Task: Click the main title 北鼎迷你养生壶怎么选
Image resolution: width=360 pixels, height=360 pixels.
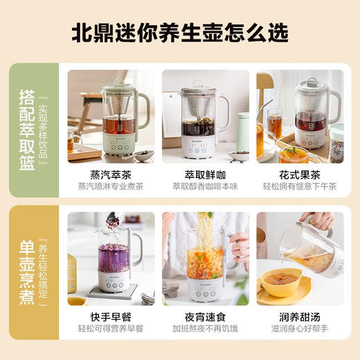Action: [180, 32]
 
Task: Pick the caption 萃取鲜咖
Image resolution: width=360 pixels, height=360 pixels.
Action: [205, 174]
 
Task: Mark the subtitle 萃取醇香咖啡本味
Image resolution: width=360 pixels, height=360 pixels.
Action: [205, 186]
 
